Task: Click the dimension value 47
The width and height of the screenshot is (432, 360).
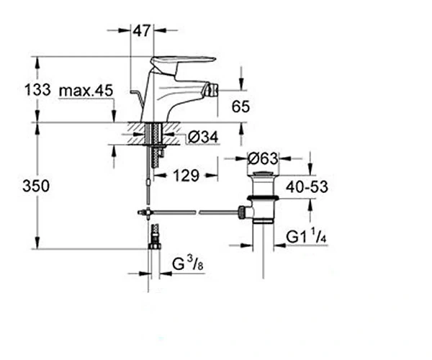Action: (142, 30)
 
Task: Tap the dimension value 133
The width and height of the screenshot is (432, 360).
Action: (37, 89)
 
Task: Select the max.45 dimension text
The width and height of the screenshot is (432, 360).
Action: (86, 90)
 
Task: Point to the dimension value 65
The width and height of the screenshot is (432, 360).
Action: (240, 107)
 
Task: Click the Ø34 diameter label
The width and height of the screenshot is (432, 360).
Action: (203, 137)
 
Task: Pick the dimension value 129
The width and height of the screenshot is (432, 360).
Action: (186, 175)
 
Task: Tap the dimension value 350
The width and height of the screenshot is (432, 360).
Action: (36, 186)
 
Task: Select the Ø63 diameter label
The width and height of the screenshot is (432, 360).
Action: (263, 158)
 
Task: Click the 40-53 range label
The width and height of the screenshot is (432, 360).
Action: (307, 187)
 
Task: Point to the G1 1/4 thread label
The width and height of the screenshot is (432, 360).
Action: (306, 235)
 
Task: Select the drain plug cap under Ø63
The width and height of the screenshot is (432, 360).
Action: (263, 174)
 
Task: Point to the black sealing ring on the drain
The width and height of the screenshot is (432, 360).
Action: (263, 197)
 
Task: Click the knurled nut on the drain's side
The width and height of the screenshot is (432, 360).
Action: (242, 212)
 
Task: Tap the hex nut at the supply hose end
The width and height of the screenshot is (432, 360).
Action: (154, 246)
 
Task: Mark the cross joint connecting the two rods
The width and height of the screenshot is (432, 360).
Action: (148, 212)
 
